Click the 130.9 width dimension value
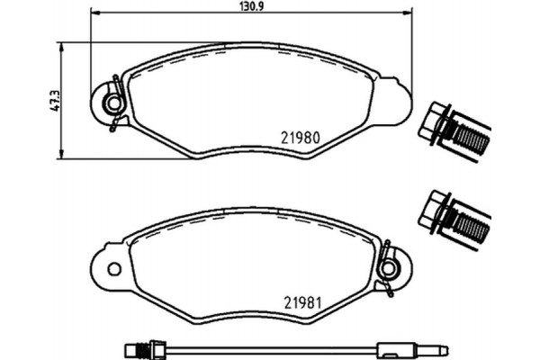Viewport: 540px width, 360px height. [x=251, y=5]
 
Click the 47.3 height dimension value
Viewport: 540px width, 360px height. [x=55, y=102]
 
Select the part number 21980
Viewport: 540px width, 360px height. [x=301, y=138]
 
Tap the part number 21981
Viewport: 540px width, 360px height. [x=302, y=302]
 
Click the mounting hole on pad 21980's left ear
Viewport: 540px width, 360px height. [x=113, y=103]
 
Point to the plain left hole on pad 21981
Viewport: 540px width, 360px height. [x=114, y=269]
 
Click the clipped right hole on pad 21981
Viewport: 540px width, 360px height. [x=389, y=267]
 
